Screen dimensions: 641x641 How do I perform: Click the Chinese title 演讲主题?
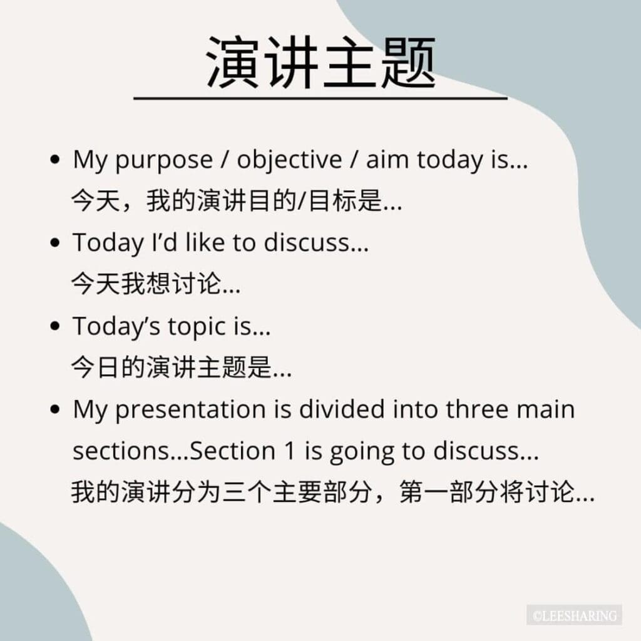pyautogui.click(x=321, y=62)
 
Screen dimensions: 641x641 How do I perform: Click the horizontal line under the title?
pyautogui.click(x=320, y=98)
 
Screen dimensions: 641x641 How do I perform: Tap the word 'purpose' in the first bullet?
pyautogui.click(x=164, y=161)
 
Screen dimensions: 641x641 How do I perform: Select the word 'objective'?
pyautogui.click(x=289, y=160)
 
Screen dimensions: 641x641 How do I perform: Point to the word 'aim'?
pyautogui.click(x=387, y=159)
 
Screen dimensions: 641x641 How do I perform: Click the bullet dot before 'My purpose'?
pyautogui.click(x=55, y=160)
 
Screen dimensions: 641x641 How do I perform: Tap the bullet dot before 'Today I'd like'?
pyautogui.click(x=55, y=243)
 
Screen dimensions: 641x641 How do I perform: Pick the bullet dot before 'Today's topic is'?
pyautogui.click(x=55, y=326)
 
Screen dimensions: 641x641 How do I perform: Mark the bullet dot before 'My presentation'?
pyautogui.click(x=55, y=409)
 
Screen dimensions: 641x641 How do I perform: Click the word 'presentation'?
pyautogui.click(x=190, y=410)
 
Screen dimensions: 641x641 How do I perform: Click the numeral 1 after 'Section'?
pyautogui.click(x=289, y=451)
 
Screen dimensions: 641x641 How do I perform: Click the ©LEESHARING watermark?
pyautogui.click(x=575, y=615)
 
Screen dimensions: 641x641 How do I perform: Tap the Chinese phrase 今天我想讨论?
pyautogui.click(x=146, y=284)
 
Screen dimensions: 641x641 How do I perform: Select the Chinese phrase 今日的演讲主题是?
pyautogui.click(x=172, y=367)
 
